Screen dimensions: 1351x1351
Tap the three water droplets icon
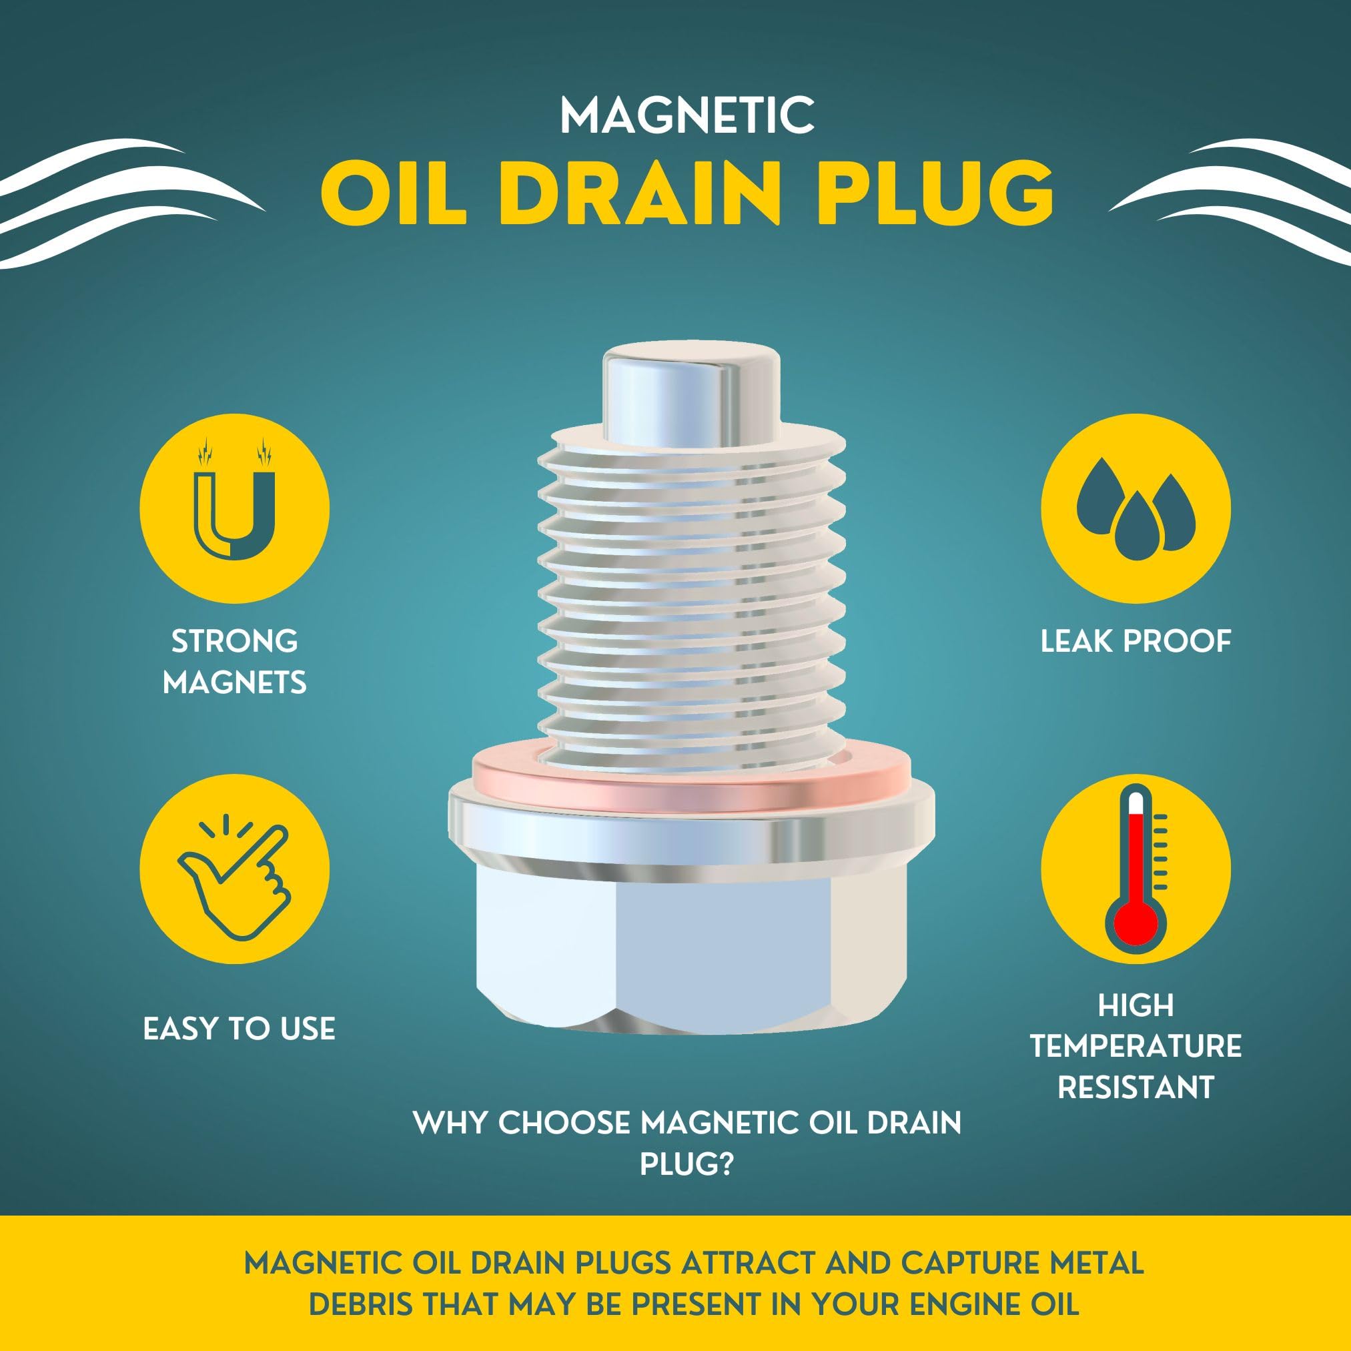pos(1136,507)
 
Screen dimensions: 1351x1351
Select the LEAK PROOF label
pos(1136,642)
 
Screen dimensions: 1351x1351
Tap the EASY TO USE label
pos(239,1029)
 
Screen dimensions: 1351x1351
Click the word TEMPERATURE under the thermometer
pos(1136,1047)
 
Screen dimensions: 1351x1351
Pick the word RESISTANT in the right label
pos(1136,1087)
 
